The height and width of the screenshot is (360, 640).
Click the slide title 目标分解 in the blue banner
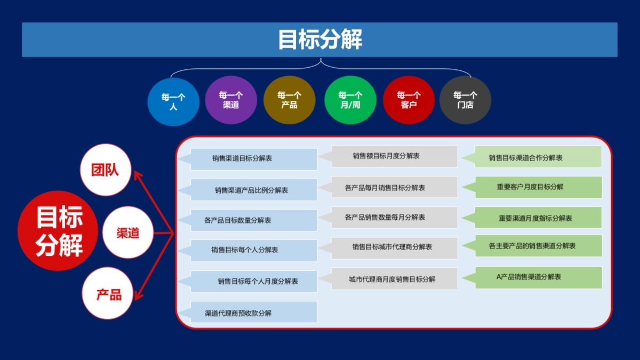coord(319,39)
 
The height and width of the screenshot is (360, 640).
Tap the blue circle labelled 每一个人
coord(173,101)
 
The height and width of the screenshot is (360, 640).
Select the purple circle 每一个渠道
coord(231,100)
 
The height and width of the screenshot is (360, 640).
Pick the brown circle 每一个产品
coord(289,100)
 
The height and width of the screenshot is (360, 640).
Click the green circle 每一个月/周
coord(350,100)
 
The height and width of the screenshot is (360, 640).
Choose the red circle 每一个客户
coord(409,100)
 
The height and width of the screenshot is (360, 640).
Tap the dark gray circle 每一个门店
coord(465,100)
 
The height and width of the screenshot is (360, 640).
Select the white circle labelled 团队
coord(105,170)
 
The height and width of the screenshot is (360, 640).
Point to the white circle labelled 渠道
coord(128,233)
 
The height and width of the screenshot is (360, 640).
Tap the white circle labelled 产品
coord(108,294)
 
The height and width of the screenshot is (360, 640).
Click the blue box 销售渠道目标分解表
coord(253,159)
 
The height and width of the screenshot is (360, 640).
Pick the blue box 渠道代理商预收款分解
coord(253,313)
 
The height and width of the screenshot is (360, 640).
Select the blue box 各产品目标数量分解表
coord(253,220)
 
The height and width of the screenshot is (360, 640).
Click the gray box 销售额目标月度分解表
coord(394,156)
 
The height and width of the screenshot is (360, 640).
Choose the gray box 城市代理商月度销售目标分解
coord(394,279)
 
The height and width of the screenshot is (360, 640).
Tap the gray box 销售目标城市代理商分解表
coord(394,247)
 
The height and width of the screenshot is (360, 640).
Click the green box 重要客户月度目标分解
coord(538,187)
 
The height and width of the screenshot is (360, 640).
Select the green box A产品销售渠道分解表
coord(538,277)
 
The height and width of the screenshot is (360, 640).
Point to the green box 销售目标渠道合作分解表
coord(538,157)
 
